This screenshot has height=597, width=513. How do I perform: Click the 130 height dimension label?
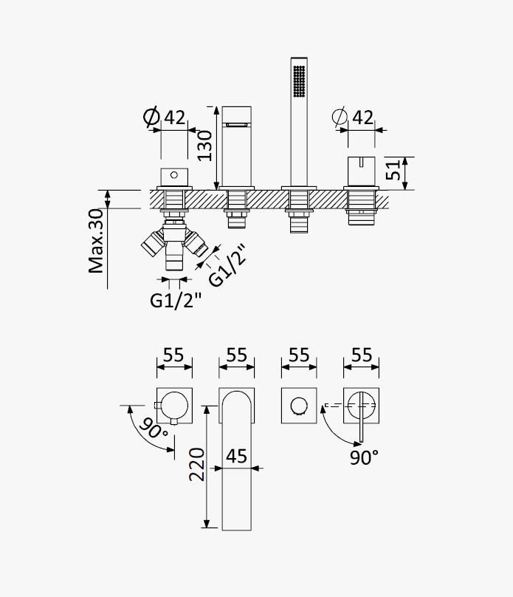tap(205, 146)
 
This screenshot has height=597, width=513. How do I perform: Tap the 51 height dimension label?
tap(393, 170)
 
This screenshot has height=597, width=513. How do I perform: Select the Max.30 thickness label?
tap(96, 241)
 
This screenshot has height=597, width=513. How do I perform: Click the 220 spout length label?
tap(197, 465)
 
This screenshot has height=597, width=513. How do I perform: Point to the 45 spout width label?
tap(236, 456)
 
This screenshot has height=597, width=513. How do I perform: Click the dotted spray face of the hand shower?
tap(299, 81)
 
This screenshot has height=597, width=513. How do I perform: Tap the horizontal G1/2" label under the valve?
tap(176, 301)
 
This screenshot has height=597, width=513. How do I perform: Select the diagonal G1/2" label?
tap(228, 265)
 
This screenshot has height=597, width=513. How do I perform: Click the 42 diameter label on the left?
tap(174, 117)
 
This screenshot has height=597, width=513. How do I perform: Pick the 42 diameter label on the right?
tap(362, 117)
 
